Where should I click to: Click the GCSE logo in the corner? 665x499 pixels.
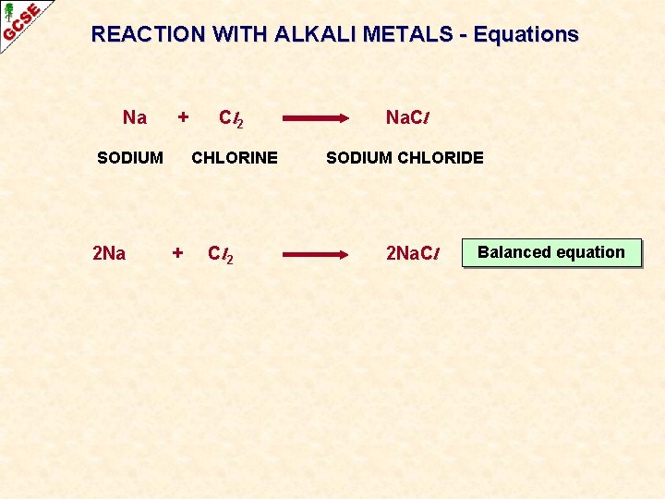click(x=20, y=21)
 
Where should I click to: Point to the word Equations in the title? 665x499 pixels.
click(x=526, y=35)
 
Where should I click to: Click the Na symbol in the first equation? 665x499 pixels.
click(x=135, y=117)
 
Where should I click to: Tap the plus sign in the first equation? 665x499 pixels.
click(x=183, y=117)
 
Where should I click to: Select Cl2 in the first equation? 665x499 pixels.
click(x=231, y=118)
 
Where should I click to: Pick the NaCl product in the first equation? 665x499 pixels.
click(x=408, y=118)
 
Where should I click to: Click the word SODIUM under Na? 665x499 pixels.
click(x=130, y=158)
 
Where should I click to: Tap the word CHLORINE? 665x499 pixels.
click(x=235, y=158)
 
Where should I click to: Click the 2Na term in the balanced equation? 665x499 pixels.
click(x=109, y=253)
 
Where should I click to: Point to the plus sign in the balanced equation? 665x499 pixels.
click(x=178, y=252)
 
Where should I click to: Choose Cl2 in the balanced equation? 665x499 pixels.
click(x=221, y=254)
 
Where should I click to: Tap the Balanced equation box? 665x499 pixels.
click(x=551, y=252)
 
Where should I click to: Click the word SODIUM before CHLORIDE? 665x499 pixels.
click(x=361, y=158)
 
